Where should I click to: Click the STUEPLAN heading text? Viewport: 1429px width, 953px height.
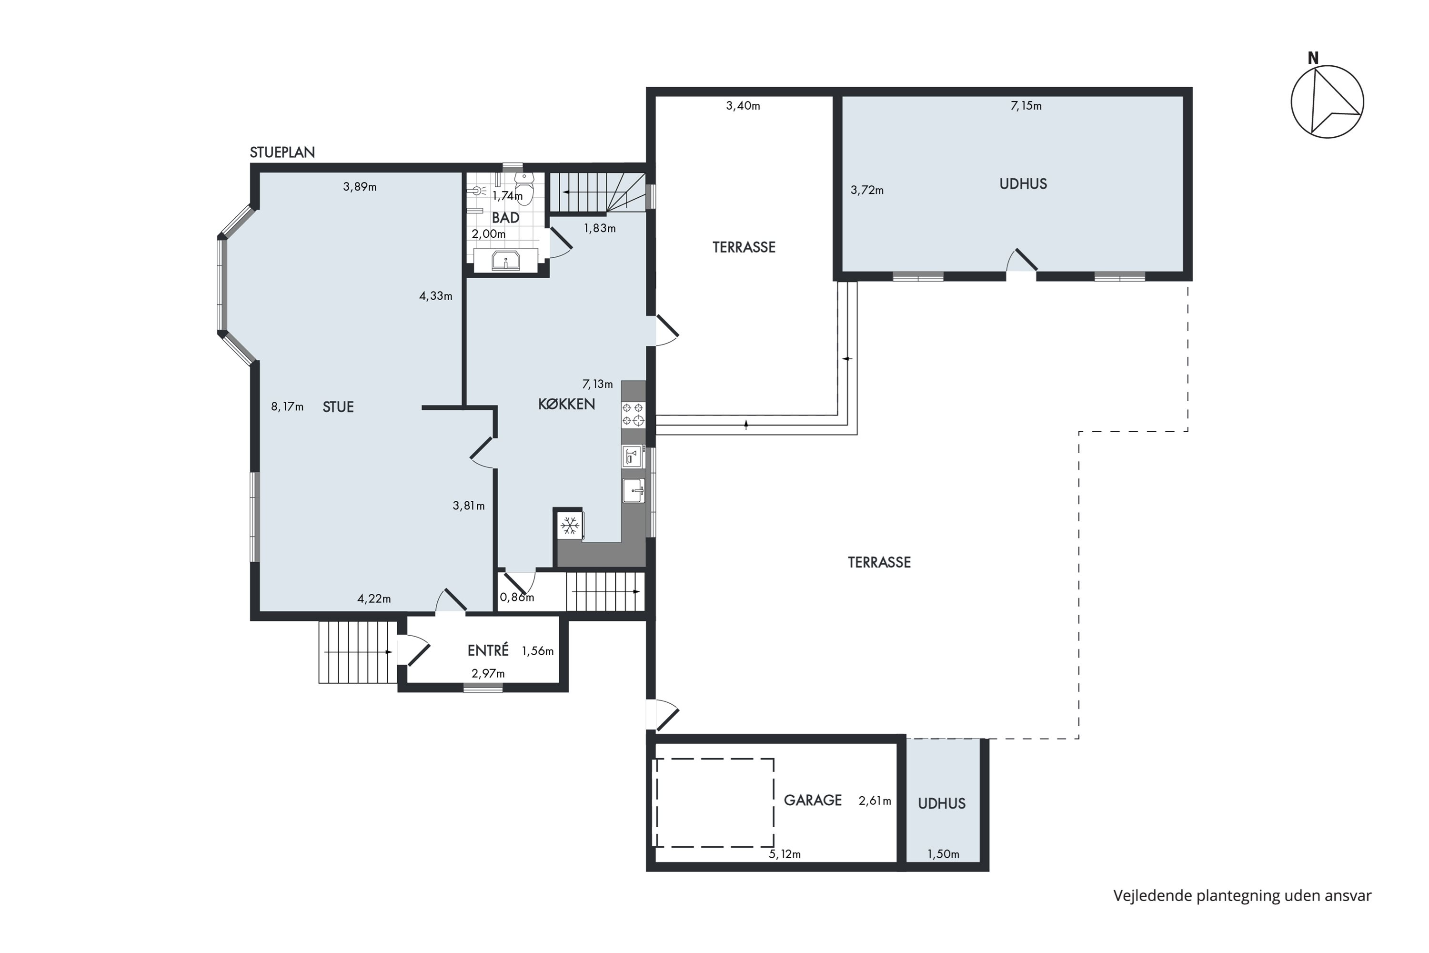282,152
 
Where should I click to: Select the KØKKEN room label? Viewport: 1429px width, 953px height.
566,404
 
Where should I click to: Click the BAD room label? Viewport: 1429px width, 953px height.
505,218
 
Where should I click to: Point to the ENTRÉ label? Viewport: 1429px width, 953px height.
488,650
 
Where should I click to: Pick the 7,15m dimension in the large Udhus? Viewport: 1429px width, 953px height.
1026,106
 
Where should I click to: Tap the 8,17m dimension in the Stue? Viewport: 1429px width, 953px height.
287,406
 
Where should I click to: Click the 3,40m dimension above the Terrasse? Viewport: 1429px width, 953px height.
743,106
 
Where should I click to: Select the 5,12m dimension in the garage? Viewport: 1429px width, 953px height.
785,854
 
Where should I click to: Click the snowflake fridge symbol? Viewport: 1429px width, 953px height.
570,526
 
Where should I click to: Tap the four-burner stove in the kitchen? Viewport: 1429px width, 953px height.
633,415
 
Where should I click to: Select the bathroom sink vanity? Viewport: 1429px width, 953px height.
505,260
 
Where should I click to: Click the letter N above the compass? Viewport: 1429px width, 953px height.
1313,58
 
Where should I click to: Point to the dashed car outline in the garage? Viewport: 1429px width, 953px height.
713,802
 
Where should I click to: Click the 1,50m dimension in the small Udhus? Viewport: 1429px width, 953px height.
943,854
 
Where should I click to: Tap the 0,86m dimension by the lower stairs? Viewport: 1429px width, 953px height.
516,597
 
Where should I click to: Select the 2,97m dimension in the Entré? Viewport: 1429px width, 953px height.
488,673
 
